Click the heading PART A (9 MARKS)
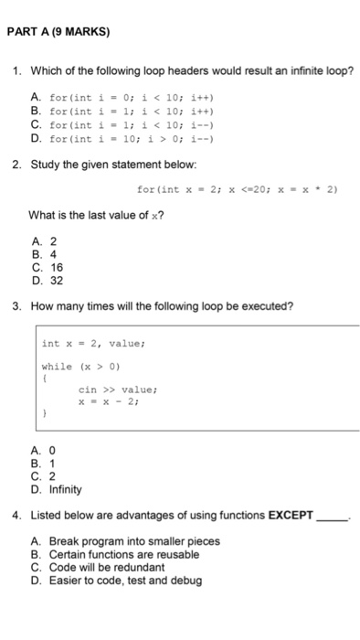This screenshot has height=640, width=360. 58,31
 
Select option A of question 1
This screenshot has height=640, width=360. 129,96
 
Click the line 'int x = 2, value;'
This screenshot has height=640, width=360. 94,344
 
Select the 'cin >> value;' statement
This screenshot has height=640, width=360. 118,389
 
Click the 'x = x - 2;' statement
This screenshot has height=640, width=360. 110,400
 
